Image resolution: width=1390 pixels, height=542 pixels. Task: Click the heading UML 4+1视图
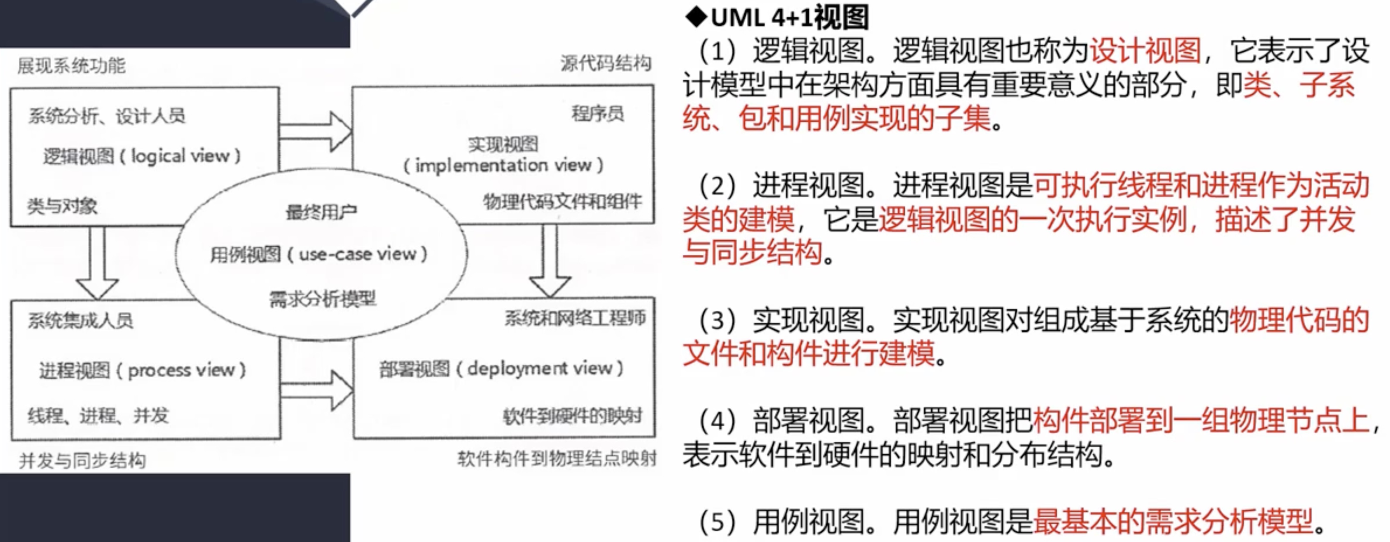777,18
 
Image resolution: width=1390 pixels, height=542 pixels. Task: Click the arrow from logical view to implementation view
316,131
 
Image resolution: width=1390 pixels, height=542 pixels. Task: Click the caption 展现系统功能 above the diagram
71,66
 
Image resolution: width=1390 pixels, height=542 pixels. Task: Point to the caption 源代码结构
605,63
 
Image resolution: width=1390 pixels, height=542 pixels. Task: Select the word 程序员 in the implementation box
597,113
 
